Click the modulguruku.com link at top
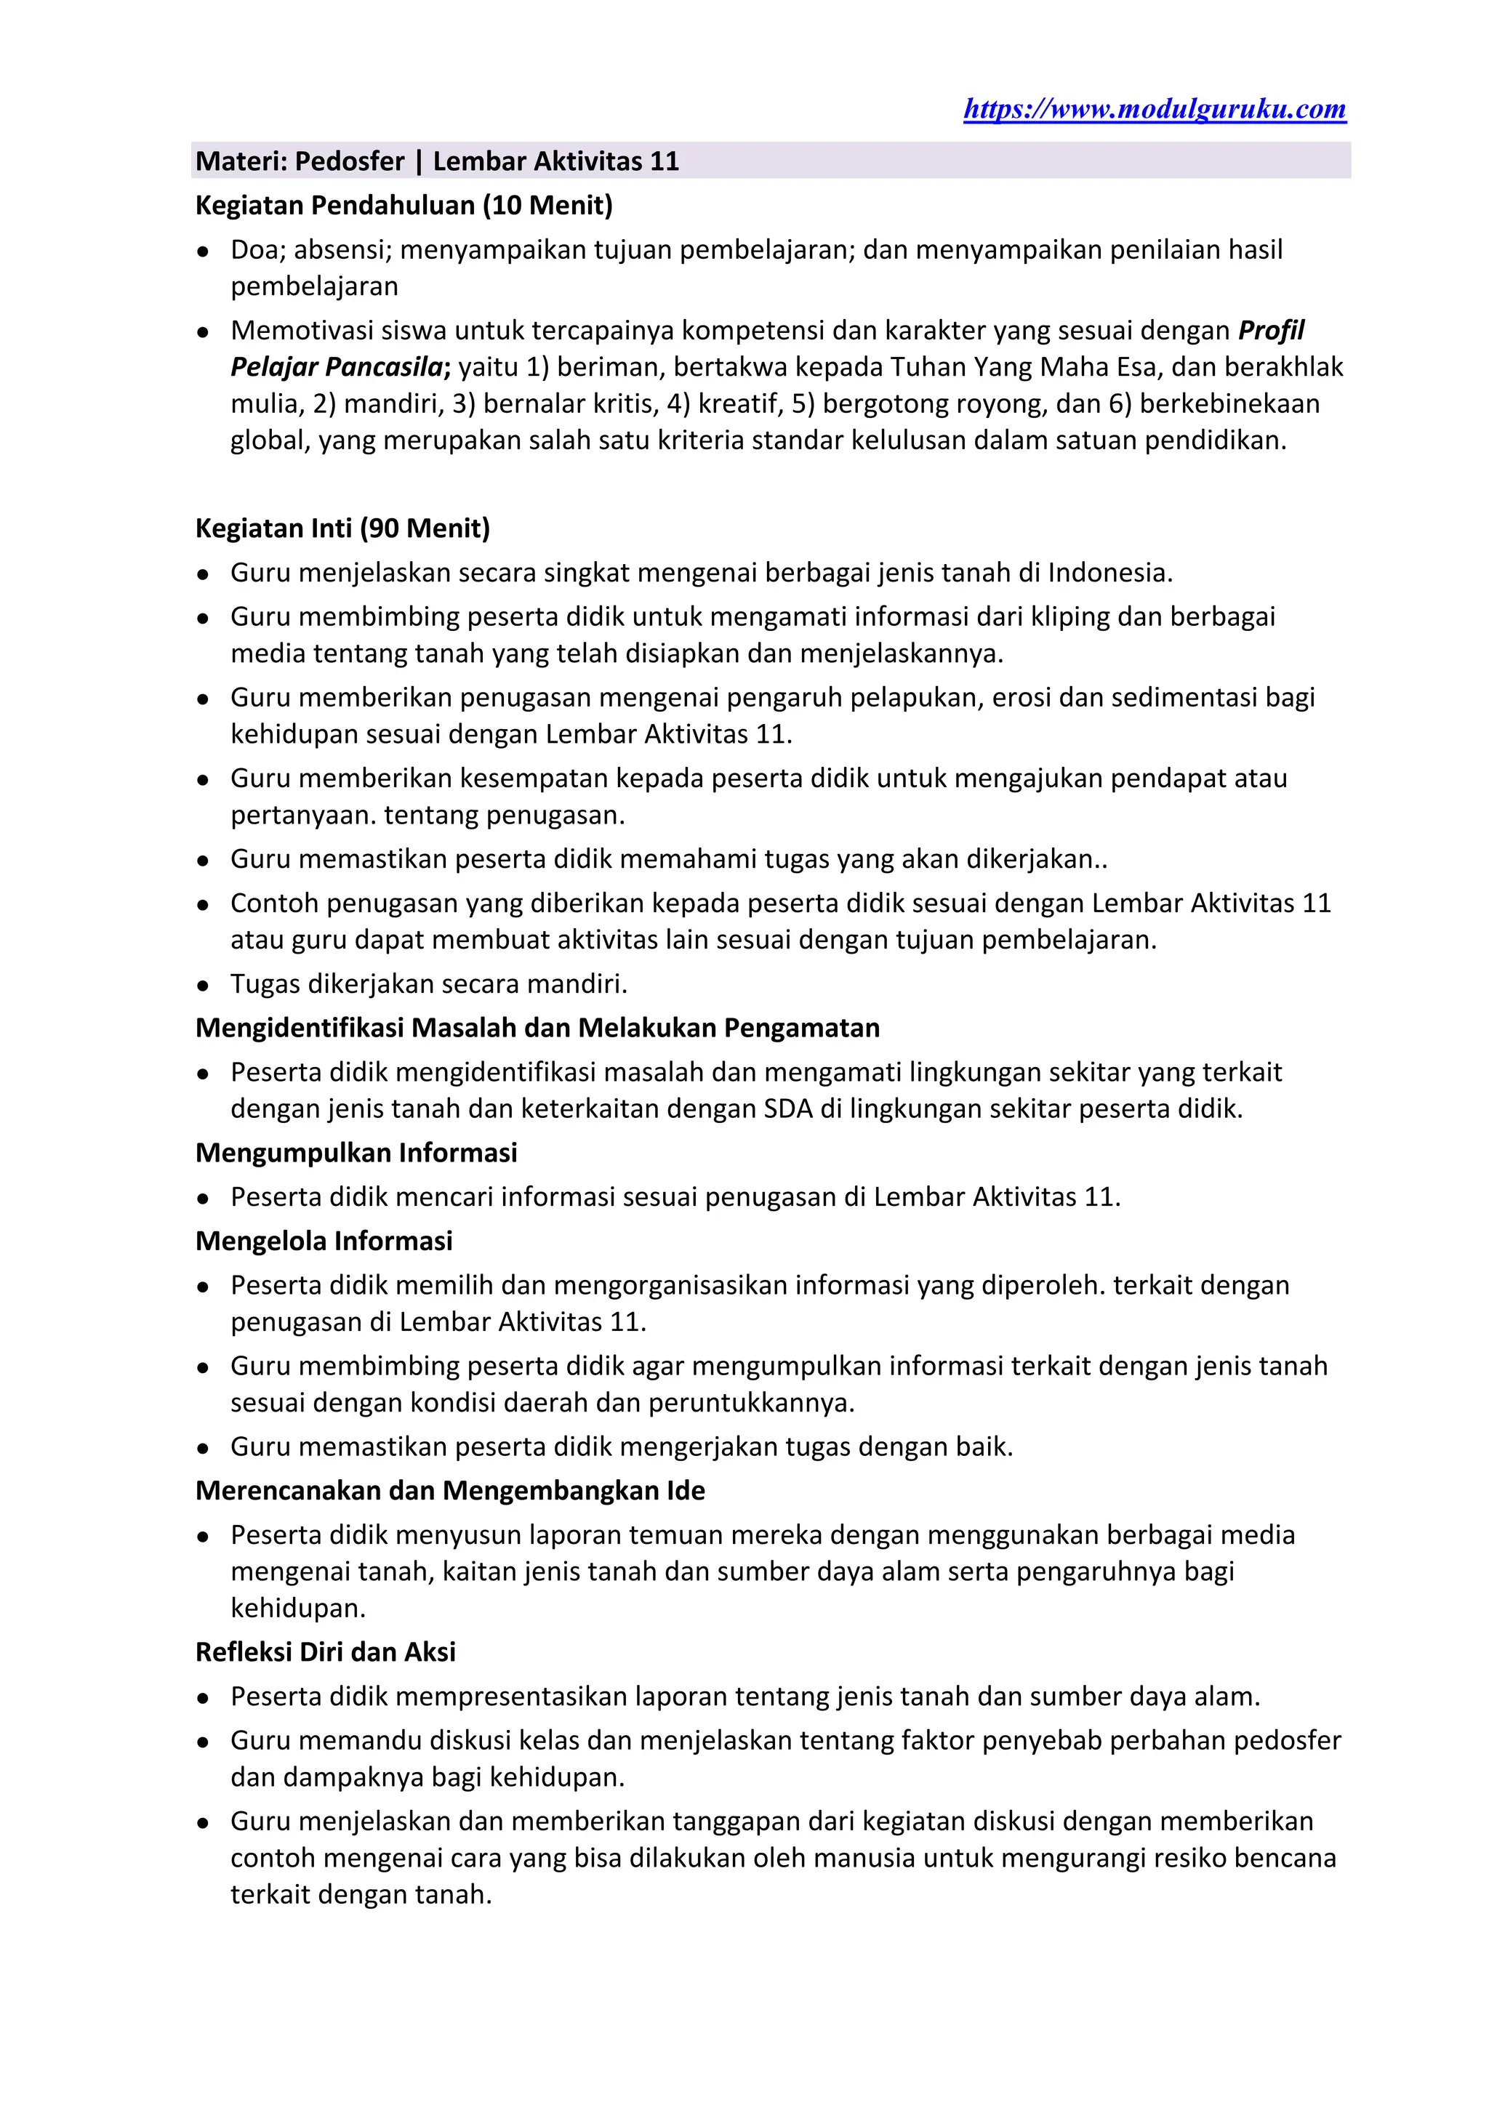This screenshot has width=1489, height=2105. coord(1155,109)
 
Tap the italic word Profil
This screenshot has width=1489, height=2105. coord(1271,330)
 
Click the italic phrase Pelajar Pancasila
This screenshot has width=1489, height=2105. coord(337,367)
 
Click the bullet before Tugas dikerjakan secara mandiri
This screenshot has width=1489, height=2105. coord(204,986)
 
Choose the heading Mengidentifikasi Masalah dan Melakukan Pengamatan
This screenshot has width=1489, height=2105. coord(537,1028)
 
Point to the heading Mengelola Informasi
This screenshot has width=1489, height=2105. coord(324,1241)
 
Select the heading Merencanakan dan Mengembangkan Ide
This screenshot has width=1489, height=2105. coord(450,1491)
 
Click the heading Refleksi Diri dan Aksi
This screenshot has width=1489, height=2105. coord(326,1652)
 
